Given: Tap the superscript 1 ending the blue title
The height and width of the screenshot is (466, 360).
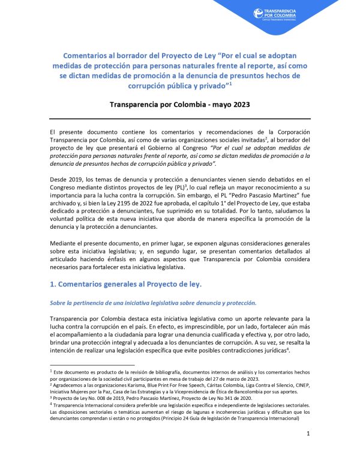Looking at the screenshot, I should [231, 85].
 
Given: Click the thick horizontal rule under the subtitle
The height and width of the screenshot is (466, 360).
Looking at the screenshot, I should [180, 118].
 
